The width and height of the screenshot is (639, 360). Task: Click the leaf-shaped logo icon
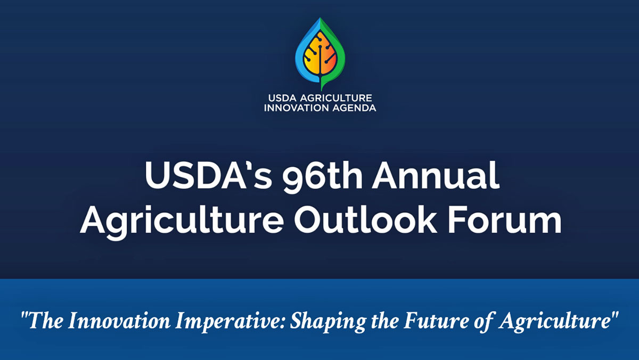[321, 53]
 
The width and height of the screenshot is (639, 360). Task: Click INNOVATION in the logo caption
[296, 108]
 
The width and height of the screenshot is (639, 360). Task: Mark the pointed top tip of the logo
[321, 20]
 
